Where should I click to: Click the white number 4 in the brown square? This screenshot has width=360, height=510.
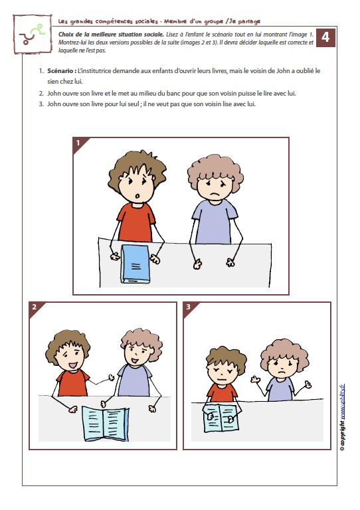point(325,37)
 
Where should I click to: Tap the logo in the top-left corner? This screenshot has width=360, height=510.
point(33,34)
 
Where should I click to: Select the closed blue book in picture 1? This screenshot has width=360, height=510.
point(135,264)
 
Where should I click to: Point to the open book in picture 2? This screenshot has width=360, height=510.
point(105,423)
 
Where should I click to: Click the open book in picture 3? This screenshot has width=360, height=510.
point(221,418)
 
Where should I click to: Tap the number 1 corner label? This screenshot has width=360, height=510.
point(78,143)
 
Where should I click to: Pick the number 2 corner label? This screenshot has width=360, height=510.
point(34,307)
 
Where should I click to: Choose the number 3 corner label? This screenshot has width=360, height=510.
point(188,307)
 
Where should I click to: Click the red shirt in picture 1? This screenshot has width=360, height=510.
point(136,222)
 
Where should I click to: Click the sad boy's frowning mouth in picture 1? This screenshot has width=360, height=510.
point(214,194)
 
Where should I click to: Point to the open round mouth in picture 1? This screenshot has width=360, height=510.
point(137,196)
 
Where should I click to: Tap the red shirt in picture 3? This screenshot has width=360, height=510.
point(223,393)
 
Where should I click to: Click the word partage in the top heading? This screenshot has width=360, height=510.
point(249,21)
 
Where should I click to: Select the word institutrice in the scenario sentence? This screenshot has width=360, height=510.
point(95,71)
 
